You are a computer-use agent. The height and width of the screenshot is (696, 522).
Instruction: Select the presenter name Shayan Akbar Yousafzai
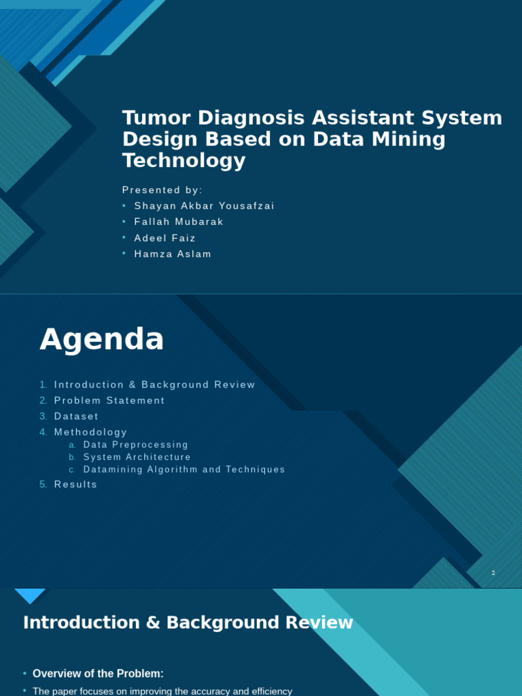coord(204,206)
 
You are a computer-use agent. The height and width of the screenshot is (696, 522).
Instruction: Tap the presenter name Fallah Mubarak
coord(179,222)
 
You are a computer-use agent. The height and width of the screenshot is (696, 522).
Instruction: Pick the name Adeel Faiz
coord(164,238)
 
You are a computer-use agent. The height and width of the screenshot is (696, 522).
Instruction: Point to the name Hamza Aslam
coord(173,254)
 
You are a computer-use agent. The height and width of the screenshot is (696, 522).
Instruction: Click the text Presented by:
coord(162,190)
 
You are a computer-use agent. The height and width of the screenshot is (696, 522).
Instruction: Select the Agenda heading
coord(102,339)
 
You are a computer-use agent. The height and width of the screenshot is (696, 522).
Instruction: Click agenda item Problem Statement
coord(109,401)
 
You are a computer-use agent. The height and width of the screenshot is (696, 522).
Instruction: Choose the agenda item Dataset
coord(76,417)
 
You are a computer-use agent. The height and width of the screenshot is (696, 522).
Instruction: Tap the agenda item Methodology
coord(90,432)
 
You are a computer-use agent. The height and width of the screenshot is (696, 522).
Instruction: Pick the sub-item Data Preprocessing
coord(136,445)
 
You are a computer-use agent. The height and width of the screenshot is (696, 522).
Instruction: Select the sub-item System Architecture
coord(137,457)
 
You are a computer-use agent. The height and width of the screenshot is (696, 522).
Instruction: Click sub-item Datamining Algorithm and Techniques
coord(184,470)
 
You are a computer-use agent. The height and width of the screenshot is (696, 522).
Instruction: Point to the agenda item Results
coord(75,485)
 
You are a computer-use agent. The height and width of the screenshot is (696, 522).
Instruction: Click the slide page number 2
coord(493,573)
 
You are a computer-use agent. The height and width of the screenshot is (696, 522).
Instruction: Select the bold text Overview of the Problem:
coord(98,674)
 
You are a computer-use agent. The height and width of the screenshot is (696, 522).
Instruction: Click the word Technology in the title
coord(184,161)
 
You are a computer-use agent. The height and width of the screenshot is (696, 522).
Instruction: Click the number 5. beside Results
coord(43,485)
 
